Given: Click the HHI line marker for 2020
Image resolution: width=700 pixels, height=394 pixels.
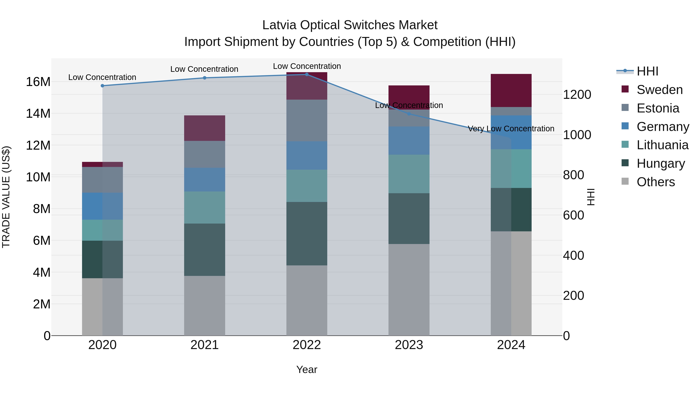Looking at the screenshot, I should click(x=102, y=86).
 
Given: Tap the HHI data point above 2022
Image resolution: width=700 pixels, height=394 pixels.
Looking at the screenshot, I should click(x=307, y=74).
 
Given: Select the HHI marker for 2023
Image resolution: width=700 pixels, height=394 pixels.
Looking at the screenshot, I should click(x=409, y=114).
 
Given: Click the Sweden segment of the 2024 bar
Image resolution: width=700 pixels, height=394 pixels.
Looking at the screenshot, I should click(x=511, y=90).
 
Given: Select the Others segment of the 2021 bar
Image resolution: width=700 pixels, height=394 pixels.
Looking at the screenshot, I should click(x=205, y=306).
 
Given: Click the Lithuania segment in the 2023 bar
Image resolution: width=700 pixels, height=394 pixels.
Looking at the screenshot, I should click(x=409, y=174).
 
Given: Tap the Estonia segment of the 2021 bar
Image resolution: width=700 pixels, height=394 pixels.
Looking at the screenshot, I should click(x=205, y=154).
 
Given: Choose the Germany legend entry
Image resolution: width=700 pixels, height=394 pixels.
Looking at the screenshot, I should click(x=662, y=127).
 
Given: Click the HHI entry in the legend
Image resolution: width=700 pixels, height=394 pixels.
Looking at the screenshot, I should click(x=647, y=71).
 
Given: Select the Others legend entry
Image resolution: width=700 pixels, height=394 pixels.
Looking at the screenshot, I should click(x=655, y=182).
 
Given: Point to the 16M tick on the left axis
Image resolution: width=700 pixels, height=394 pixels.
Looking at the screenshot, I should click(x=38, y=82).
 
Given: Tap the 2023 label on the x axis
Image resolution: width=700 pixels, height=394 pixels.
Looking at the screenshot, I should click(x=409, y=345).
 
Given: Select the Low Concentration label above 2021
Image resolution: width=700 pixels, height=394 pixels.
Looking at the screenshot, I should click(x=204, y=69).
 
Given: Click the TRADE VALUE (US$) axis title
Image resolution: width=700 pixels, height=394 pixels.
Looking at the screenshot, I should click(x=6, y=197).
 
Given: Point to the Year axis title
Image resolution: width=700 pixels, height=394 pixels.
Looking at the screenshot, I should click(x=307, y=369).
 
